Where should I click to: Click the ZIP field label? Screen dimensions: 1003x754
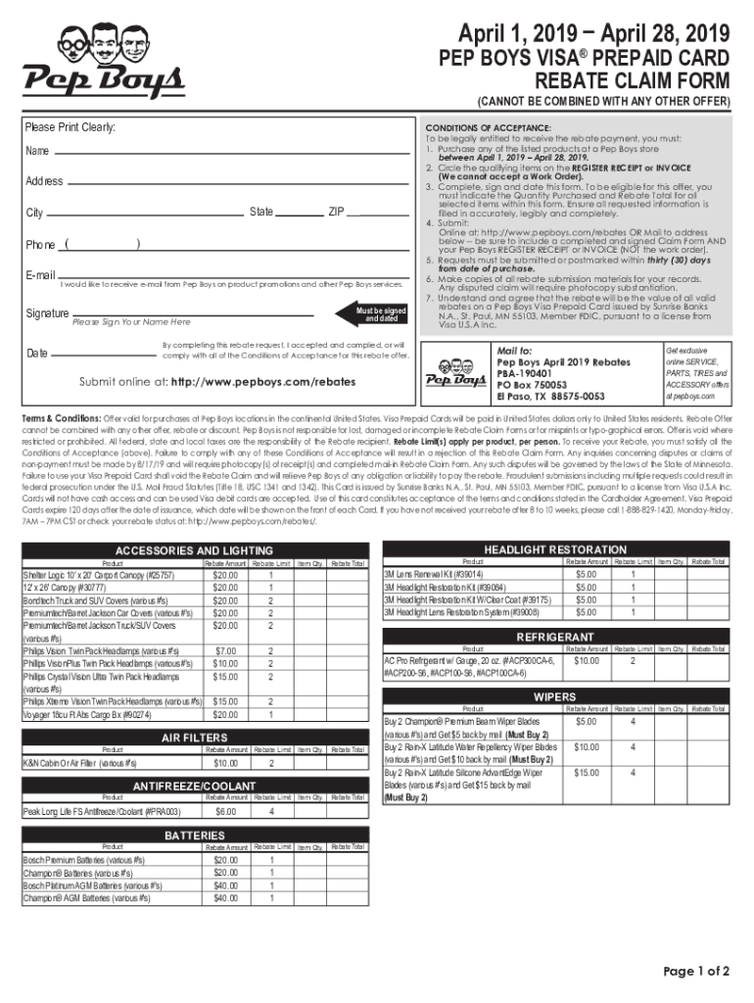click(336, 212)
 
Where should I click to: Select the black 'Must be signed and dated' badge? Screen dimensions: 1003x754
click(381, 314)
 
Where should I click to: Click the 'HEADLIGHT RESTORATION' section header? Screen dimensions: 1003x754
click(554, 549)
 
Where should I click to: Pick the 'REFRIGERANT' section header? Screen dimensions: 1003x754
click(554, 637)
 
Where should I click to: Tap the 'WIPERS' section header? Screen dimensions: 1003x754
click(554, 695)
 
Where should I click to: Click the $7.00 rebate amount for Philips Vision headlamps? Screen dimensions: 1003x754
click(226, 650)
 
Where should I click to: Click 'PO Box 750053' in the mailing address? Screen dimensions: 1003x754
click(538, 385)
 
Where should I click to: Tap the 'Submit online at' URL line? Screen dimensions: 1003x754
click(217, 381)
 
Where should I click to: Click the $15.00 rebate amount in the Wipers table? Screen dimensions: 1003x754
click(587, 773)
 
